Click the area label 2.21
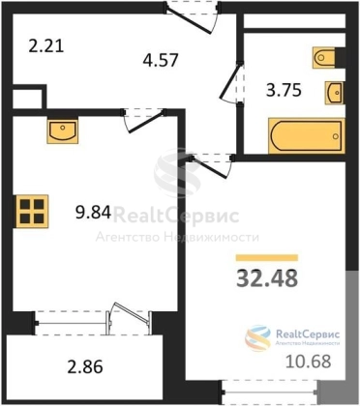[x=46, y=45]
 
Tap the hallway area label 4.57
[x=161, y=60]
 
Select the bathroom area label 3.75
[x=284, y=90]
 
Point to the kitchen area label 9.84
[x=94, y=212]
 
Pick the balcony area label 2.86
[x=85, y=366]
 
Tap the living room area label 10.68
[x=309, y=362]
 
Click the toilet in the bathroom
[x=324, y=58]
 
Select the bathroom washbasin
[x=334, y=93]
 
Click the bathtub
[x=307, y=135]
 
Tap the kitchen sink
[x=63, y=131]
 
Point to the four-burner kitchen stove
[x=32, y=211]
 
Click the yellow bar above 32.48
[x=267, y=257]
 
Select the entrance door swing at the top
[x=190, y=20]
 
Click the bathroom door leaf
[x=230, y=80]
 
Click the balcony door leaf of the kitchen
[x=132, y=312]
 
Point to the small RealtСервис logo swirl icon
[x=257, y=337]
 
